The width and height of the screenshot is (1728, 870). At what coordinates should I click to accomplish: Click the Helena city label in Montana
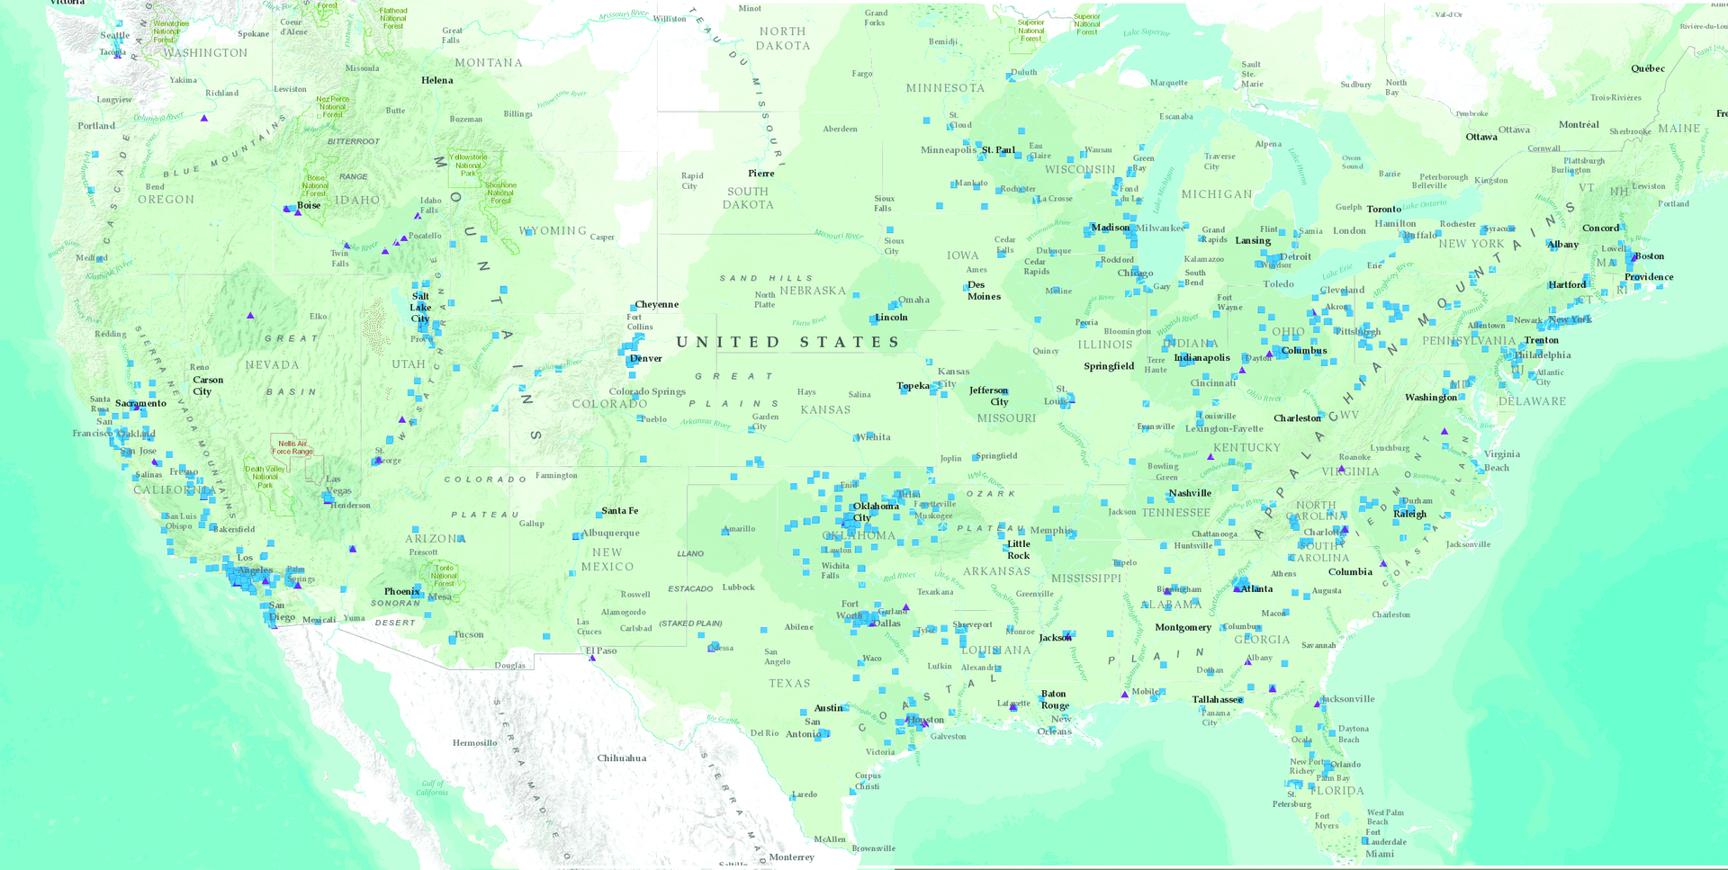pos(436,80)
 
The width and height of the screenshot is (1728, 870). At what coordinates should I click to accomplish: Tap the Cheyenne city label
pos(656,304)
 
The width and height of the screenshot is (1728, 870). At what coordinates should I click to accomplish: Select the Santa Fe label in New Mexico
pos(619,510)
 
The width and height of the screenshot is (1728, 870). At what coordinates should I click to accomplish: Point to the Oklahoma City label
pos(875,511)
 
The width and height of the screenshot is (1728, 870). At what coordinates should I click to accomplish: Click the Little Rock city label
pos(1018,549)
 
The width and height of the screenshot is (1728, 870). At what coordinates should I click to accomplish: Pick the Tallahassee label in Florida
pos(1217,699)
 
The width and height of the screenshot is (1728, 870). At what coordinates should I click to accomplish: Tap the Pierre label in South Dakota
pos(760,173)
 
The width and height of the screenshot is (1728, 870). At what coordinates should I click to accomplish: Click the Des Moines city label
pos(983,290)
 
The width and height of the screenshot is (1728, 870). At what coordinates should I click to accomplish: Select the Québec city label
pos(1647,68)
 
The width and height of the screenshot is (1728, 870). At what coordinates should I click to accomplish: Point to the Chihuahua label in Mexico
pos(621,758)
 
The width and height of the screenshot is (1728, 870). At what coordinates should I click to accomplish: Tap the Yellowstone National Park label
pos(468,165)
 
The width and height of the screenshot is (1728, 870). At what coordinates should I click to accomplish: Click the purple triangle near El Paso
pos(592,659)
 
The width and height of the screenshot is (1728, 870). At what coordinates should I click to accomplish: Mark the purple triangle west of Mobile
pos(1124,695)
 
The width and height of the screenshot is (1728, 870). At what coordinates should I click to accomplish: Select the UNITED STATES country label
pos(787,342)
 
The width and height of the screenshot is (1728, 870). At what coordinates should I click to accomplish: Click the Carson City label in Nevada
pos(207,385)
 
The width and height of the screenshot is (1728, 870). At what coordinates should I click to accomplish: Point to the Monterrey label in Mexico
pos(791,857)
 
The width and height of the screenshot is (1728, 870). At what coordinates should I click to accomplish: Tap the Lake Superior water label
pos(1146,32)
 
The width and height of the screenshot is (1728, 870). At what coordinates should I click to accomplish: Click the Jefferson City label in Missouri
pos(989,395)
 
